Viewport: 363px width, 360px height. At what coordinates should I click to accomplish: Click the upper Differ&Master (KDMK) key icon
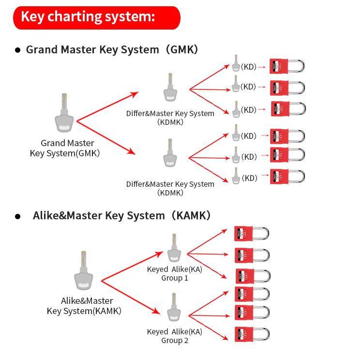(170, 90)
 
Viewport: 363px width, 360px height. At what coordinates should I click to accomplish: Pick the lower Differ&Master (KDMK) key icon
(170, 156)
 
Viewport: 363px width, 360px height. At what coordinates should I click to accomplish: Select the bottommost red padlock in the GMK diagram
(287, 177)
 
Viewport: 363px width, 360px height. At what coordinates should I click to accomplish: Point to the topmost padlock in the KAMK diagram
(251, 234)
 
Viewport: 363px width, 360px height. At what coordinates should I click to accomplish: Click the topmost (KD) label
(248, 67)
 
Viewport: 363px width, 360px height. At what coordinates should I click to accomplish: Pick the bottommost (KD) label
(249, 178)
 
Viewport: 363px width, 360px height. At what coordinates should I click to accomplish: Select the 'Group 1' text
(175, 278)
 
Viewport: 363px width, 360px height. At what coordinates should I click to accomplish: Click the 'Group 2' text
(175, 341)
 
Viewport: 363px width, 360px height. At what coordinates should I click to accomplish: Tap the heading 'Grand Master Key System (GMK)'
(112, 50)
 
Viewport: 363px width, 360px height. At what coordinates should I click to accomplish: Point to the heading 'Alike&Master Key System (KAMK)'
(121, 216)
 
